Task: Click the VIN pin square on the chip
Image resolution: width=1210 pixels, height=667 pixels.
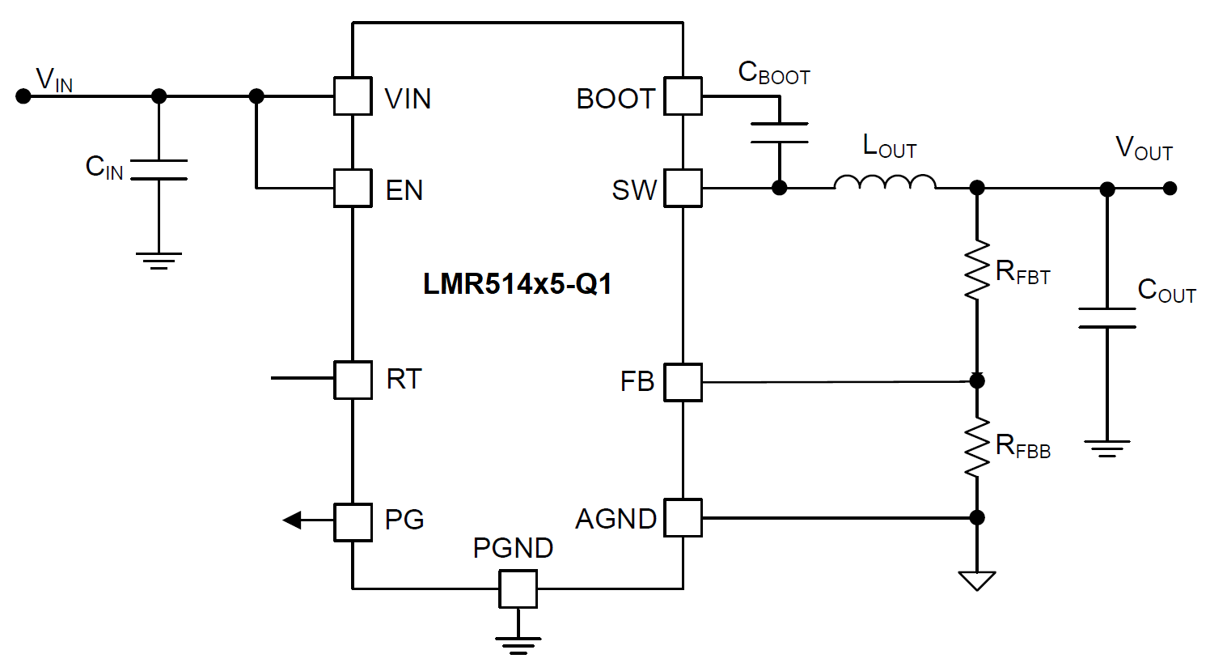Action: (353, 96)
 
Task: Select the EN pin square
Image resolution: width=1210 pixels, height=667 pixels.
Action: (353, 189)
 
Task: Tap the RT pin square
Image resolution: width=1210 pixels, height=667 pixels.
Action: (353, 380)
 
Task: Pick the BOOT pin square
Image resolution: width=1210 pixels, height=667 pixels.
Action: (683, 96)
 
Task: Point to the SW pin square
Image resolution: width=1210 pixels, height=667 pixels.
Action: (683, 189)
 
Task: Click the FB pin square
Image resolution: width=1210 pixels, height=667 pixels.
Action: (683, 382)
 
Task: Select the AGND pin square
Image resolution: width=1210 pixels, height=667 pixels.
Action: (683, 518)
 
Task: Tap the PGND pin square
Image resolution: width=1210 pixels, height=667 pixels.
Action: (518, 588)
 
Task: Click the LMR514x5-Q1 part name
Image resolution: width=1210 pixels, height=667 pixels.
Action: (518, 284)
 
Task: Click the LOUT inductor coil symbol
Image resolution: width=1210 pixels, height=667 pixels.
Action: (885, 183)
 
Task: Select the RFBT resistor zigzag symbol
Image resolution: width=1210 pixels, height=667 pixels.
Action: (977, 270)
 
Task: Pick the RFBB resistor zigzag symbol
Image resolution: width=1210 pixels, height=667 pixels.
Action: (977, 447)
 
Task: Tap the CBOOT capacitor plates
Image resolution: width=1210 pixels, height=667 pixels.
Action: (779, 133)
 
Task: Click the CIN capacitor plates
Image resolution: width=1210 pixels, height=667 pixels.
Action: (159, 169)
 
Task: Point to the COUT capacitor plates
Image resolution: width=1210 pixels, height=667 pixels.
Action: (1107, 317)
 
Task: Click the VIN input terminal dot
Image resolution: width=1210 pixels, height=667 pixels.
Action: (23, 96)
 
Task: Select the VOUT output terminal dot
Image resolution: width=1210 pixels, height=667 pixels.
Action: (1170, 189)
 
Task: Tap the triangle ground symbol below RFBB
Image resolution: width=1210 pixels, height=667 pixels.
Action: (977, 580)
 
